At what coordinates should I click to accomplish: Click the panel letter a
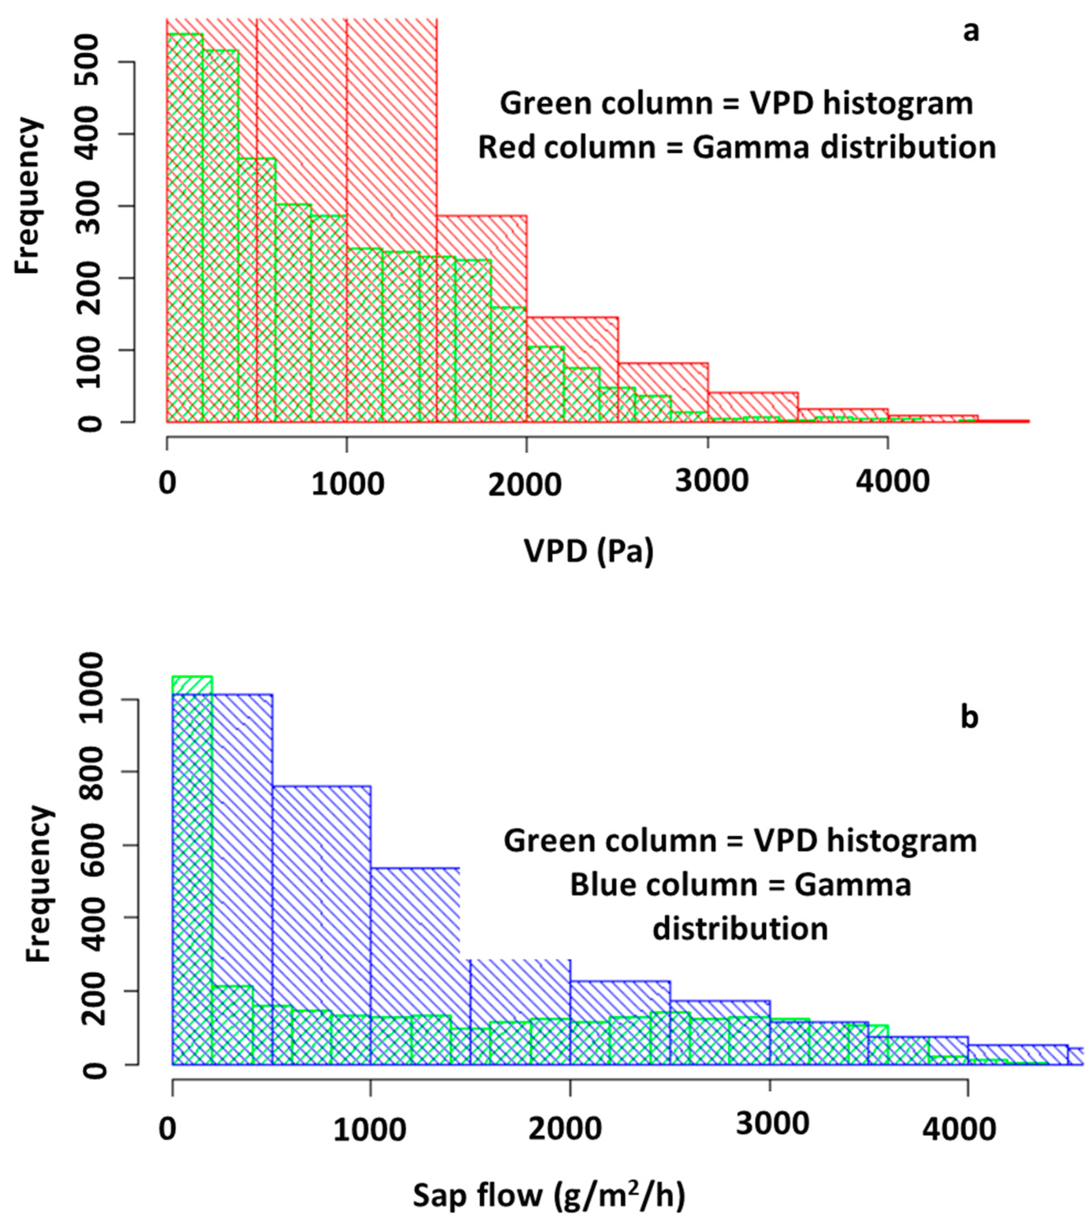pos(970,31)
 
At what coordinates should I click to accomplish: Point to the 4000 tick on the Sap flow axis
pos(959,1130)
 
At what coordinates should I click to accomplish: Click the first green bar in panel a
pos(185,228)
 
